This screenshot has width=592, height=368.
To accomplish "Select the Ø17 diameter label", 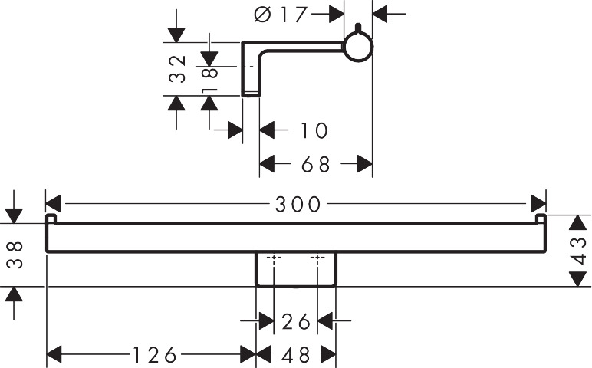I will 281,14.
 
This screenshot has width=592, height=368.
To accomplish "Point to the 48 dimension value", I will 295,354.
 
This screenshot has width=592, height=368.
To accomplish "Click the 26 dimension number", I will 295,320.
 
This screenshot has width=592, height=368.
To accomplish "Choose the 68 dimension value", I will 314,164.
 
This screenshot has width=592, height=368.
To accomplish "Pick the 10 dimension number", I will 314,130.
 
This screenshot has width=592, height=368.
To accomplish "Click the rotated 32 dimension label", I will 177,68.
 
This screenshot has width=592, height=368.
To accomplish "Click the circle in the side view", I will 357,48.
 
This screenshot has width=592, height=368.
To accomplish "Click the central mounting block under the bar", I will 295,270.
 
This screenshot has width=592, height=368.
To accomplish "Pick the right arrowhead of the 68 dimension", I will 365,164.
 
